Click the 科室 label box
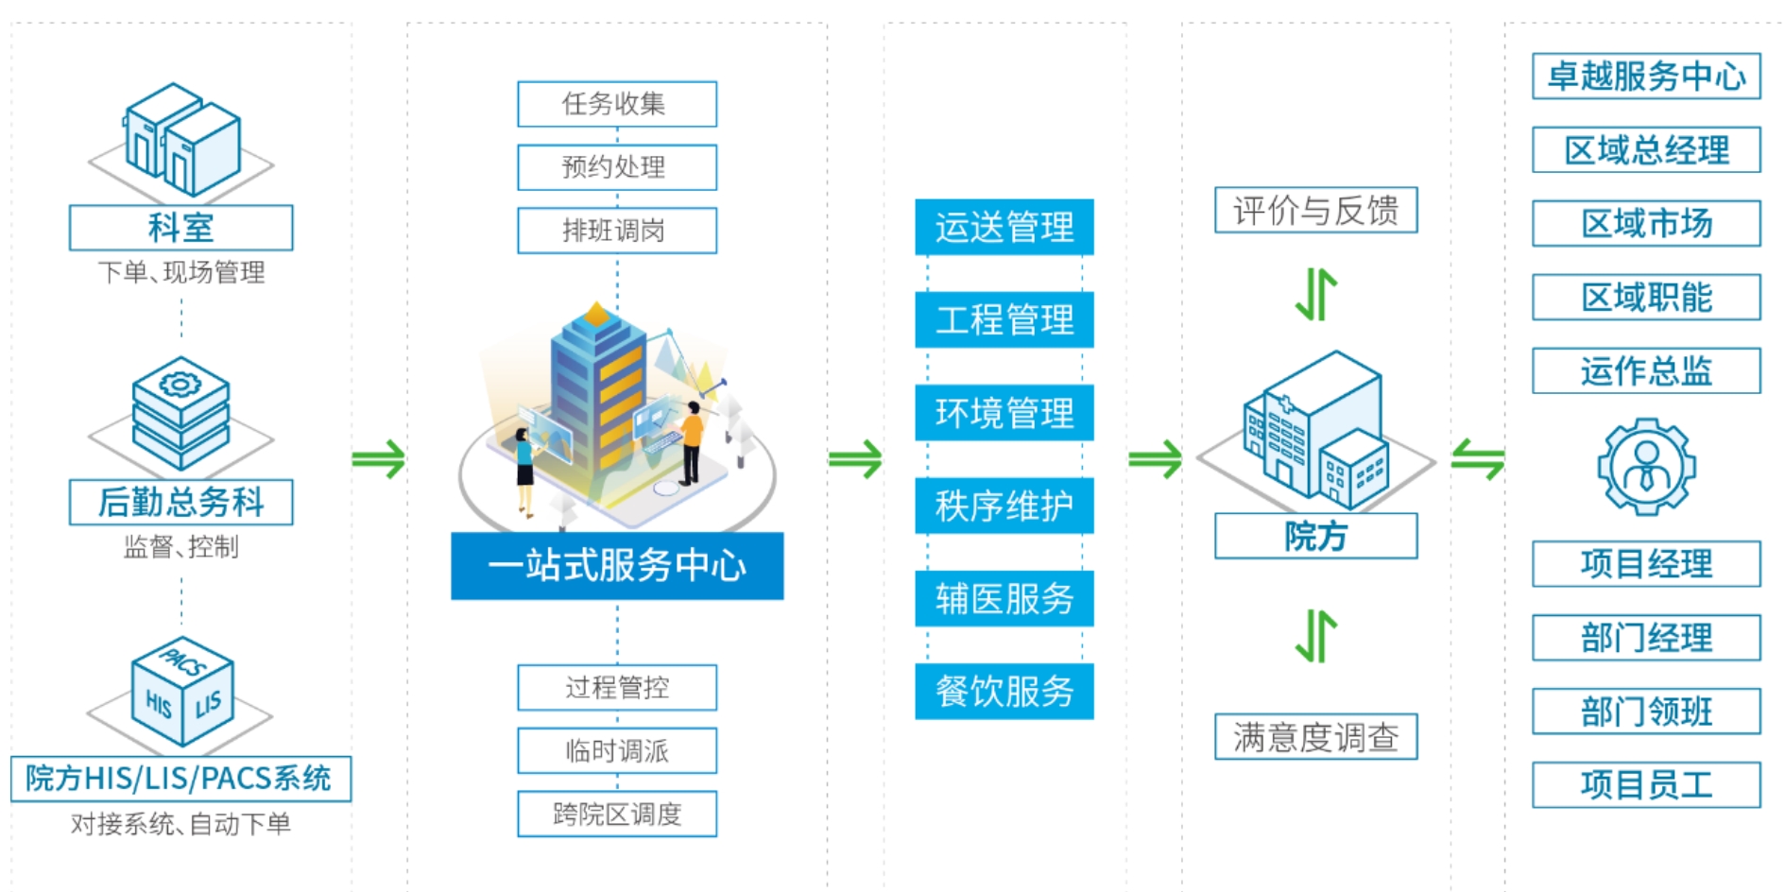pos(180,228)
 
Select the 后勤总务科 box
pos(180,502)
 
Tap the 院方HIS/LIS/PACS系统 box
pos(180,779)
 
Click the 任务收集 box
pos(616,104)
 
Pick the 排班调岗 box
pos(616,231)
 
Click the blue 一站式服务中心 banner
pos(616,565)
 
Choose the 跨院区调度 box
pos(616,814)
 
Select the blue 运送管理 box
pos(1004,227)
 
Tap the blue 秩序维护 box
pos(1004,506)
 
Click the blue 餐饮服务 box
pos(1004,691)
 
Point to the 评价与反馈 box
pos(1315,210)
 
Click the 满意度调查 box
pos(1315,737)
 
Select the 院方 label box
pos(1315,536)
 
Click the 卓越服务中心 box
pos(1646,77)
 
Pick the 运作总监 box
pos(1646,370)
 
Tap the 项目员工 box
pos(1646,784)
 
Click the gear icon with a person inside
pos(1646,467)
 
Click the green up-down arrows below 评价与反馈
pos(1315,294)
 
